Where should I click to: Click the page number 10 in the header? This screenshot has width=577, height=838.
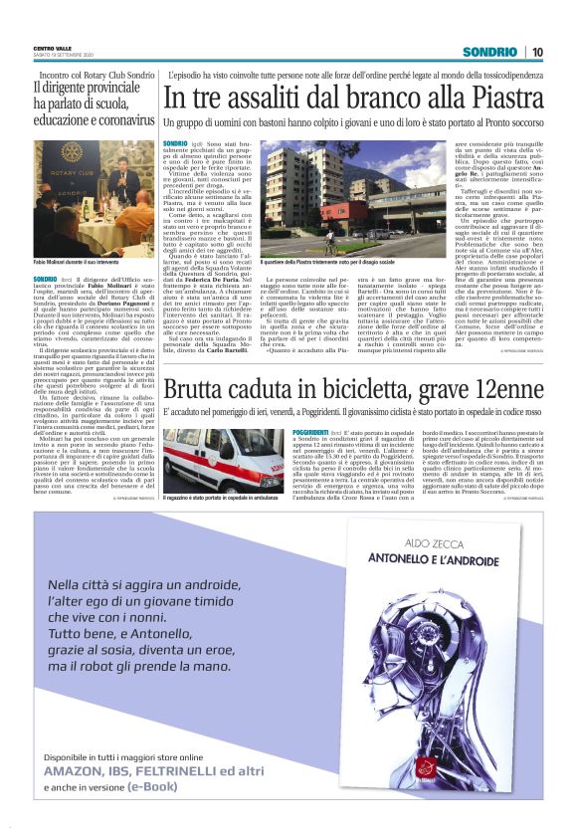point(537,51)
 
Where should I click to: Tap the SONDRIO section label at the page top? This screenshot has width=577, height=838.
point(489,51)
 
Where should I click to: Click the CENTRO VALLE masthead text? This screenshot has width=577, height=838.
point(51,47)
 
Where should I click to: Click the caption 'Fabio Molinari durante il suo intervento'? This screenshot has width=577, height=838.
point(81,262)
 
